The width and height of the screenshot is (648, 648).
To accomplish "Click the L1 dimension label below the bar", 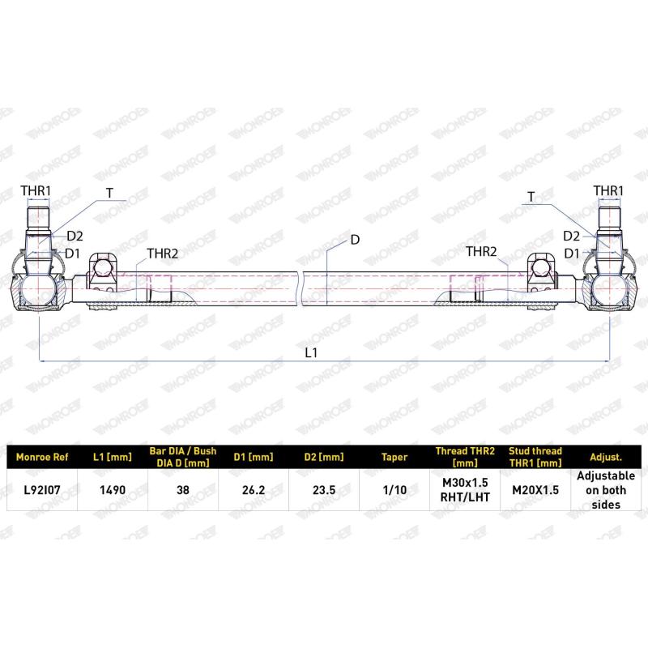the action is click(x=311, y=352).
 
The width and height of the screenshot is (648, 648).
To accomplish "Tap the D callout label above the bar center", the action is click(x=355, y=240).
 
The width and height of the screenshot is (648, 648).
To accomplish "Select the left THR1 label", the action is click(x=36, y=191).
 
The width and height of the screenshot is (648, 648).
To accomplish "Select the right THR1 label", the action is click(x=608, y=191).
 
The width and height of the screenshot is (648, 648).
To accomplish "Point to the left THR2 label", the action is click(x=163, y=254).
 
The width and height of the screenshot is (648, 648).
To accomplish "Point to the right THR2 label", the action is click(x=481, y=251).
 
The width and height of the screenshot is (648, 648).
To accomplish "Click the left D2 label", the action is click(x=75, y=236).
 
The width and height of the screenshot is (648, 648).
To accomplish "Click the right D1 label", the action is click(x=572, y=254).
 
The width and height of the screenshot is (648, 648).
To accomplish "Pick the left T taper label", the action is click(x=109, y=193).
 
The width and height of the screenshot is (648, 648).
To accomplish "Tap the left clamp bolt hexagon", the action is click(x=102, y=268).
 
